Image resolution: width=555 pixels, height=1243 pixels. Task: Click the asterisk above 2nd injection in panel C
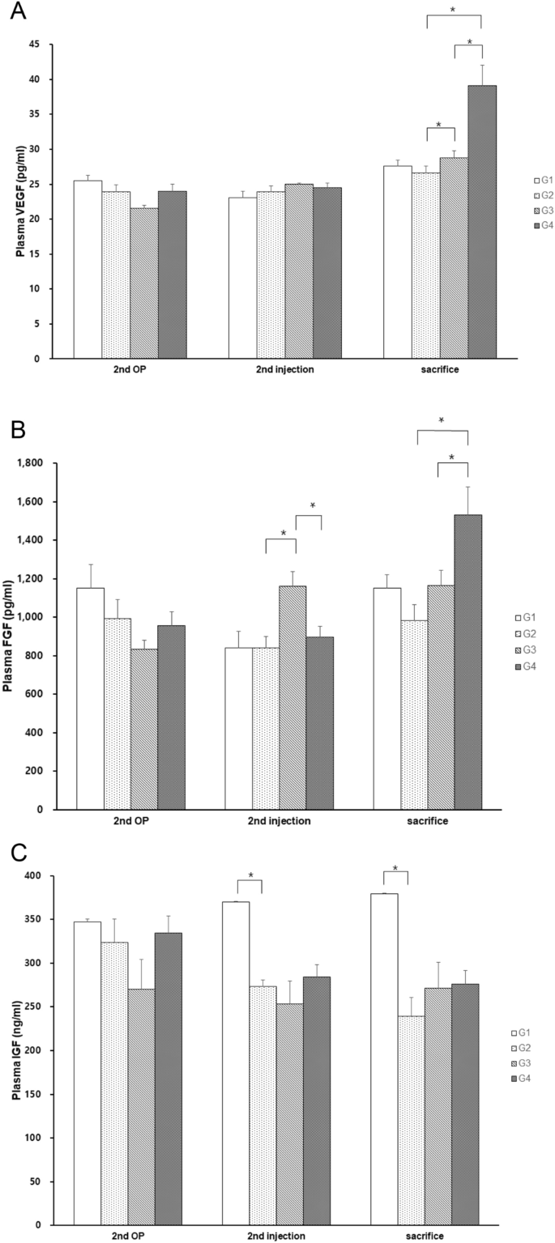(250, 875)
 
